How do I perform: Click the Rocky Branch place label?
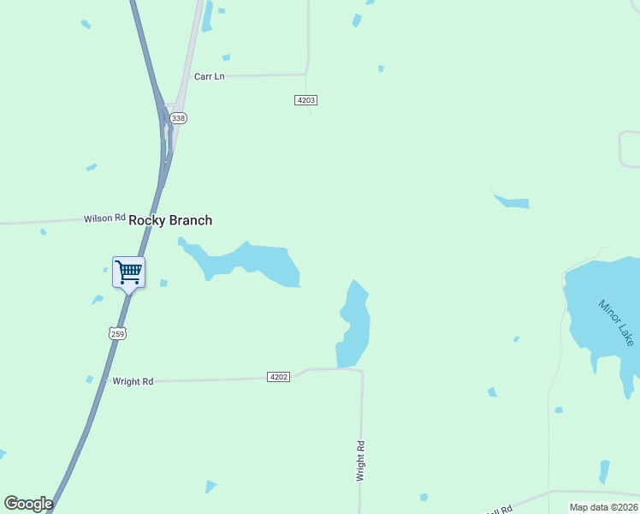(x=170, y=220)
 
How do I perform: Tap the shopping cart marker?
(x=128, y=273)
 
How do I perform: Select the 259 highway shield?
(x=117, y=332)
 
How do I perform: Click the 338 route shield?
(x=178, y=118)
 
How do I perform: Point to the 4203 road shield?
(x=306, y=100)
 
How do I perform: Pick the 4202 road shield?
(x=278, y=376)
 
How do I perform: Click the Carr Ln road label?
(x=209, y=76)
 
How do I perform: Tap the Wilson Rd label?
(x=104, y=218)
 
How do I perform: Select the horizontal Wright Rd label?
(x=133, y=381)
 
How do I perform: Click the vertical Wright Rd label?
(x=361, y=460)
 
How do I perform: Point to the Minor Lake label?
(x=616, y=322)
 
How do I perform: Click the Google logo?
(x=28, y=504)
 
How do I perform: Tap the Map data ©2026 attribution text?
(x=603, y=507)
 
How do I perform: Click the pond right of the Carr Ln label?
(x=226, y=57)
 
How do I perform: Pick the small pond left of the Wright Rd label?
(x=89, y=379)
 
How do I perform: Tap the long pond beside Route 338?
(x=206, y=16)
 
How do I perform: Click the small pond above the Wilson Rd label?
(x=91, y=167)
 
